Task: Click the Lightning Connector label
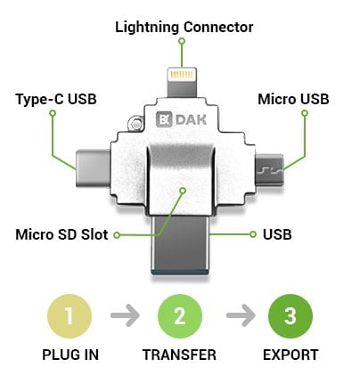[x=184, y=28]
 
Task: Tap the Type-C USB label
[x=56, y=99]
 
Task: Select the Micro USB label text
[x=293, y=99]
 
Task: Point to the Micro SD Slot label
[x=61, y=234]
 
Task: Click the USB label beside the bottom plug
[x=277, y=234]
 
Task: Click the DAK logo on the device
[x=181, y=119]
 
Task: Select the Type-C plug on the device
[x=93, y=168]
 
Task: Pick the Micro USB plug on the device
[x=270, y=170]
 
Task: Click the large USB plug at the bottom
[x=180, y=245]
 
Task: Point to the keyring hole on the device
[x=135, y=124]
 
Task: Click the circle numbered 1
[x=70, y=316]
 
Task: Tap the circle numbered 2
[x=180, y=316]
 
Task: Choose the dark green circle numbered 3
[x=290, y=316]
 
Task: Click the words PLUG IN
[x=70, y=355]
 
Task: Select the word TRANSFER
[x=179, y=355]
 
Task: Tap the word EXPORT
[x=290, y=355]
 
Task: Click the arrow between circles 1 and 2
[x=125, y=315]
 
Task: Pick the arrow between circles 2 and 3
[x=241, y=315]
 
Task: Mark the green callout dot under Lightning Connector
[x=182, y=41]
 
